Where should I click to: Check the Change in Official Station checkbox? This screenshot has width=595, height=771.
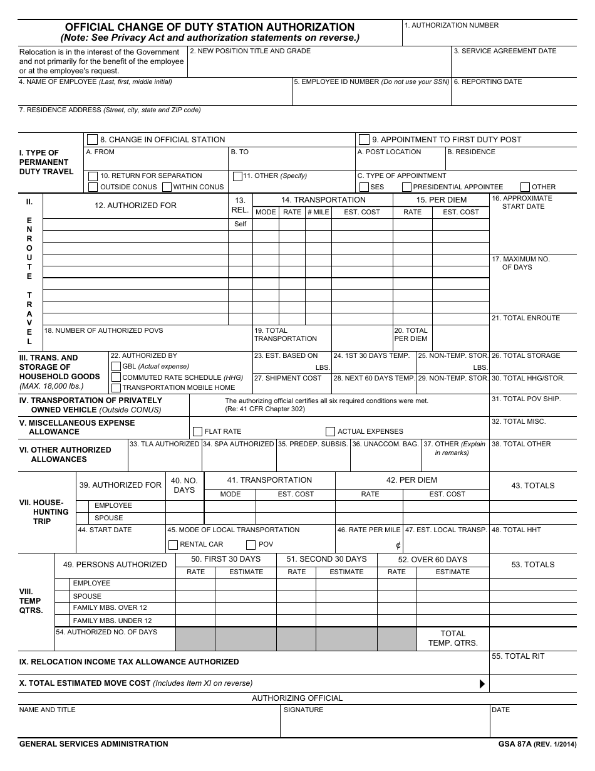93,140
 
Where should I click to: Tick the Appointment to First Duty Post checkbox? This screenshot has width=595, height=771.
364,140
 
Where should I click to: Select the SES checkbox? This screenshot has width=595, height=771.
364,187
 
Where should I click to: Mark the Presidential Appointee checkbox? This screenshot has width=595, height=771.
406,187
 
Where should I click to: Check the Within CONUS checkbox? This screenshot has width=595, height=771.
167,187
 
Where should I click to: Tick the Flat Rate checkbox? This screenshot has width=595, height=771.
198,431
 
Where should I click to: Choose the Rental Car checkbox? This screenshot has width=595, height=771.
173,545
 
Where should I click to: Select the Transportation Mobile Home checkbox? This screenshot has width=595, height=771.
116,387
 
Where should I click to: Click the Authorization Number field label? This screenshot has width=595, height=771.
452,26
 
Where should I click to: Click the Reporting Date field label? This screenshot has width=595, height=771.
488,82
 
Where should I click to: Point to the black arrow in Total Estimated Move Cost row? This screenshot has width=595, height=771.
482,684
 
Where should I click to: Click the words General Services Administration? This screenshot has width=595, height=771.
94,744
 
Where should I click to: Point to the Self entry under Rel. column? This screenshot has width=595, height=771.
241,224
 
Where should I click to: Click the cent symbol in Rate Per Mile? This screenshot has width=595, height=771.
398,545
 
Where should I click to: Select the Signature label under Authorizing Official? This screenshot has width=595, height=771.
304,710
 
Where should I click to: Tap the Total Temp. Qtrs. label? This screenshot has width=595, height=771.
453,638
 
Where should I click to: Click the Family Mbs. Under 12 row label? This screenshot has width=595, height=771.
112,621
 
